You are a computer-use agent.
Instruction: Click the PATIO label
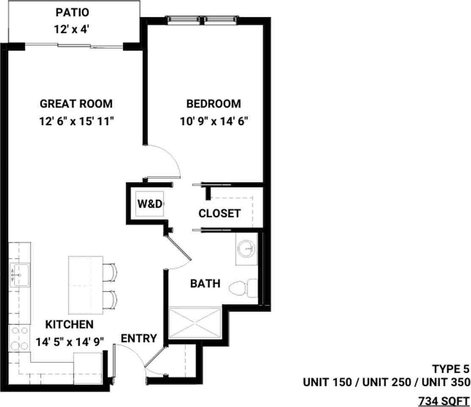pos(72,13)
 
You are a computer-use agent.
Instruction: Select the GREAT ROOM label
pos(76,104)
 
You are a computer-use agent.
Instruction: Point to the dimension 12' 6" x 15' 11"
pos(77,121)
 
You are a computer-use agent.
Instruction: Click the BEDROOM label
pos(213,104)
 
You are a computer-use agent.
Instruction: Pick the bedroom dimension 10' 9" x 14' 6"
pos(214,121)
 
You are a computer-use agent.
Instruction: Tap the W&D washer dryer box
pos(150,204)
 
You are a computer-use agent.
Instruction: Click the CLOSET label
pos(219,213)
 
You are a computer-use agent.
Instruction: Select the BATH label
pos(205,284)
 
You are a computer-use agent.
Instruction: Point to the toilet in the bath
pos(243,288)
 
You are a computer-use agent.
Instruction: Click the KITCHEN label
pos(69,325)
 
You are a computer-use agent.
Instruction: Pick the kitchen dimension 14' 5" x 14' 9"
pos(70,342)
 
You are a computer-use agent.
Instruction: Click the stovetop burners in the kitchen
pos(19,338)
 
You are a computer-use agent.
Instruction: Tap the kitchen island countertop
pos(86,285)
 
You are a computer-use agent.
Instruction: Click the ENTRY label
pos(139,339)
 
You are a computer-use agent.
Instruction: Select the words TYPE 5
pos(451,369)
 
